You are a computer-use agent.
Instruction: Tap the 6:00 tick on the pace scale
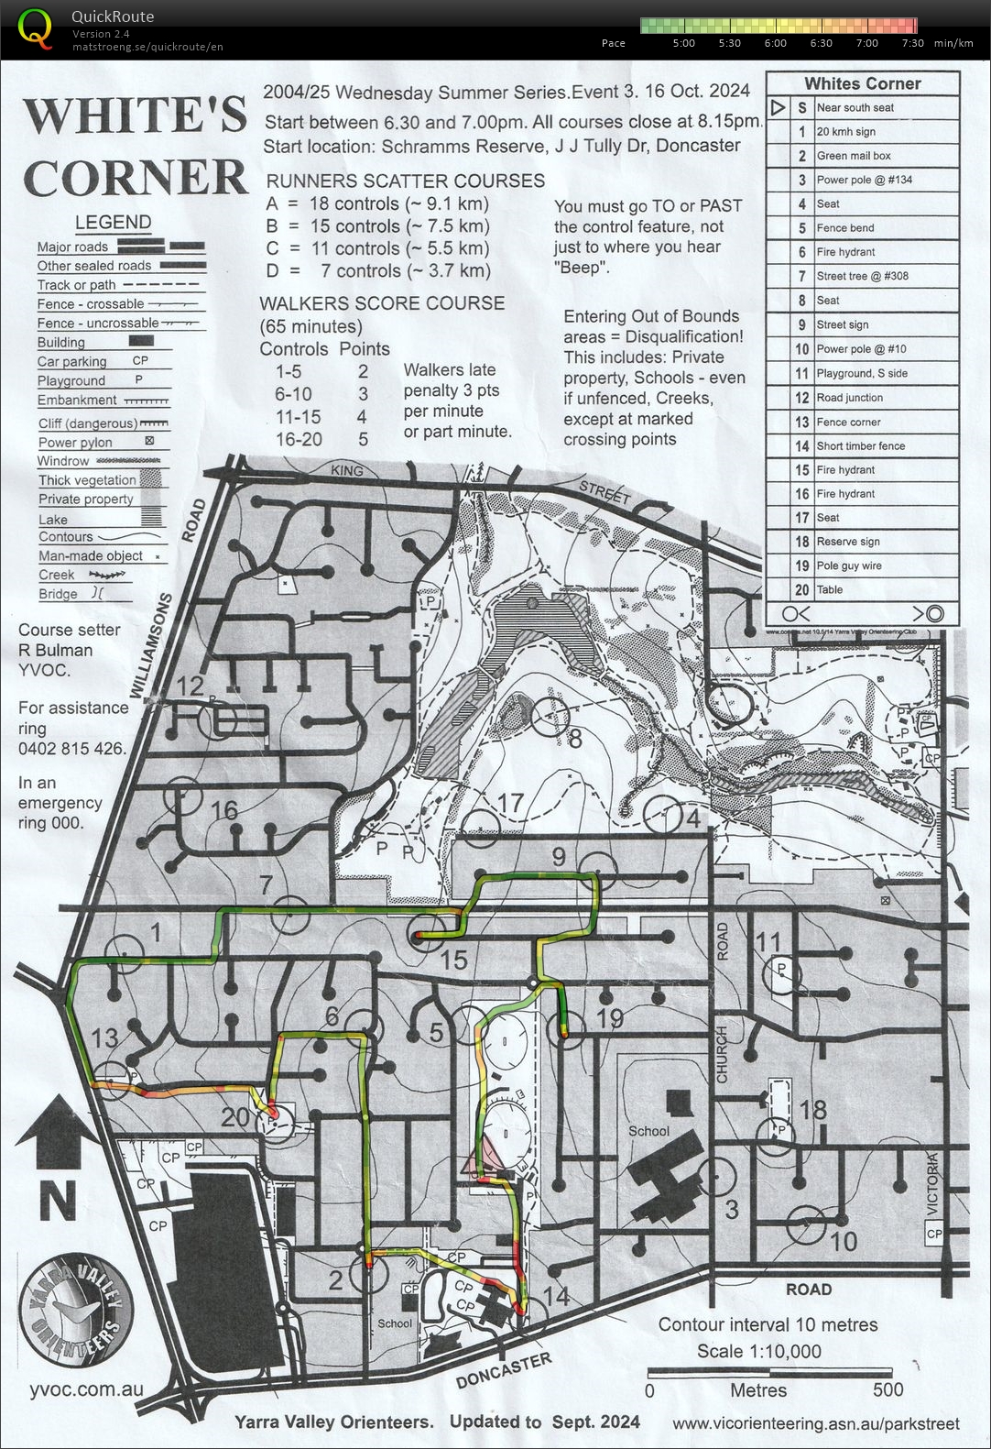[x=775, y=43]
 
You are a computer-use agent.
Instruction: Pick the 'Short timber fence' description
[x=860, y=445]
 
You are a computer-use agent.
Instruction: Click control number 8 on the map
[x=574, y=739]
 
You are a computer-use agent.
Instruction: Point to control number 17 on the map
[x=509, y=803]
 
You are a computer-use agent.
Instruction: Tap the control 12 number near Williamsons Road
[x=190, y=686]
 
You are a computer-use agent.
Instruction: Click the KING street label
[x=346, y=470]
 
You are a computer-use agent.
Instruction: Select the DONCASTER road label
[x=504, y=1369]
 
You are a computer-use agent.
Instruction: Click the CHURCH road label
[x=722, y=1054]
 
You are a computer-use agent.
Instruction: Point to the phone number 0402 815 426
[x=71, y=749]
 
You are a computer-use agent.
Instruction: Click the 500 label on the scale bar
[x=888, y=1389]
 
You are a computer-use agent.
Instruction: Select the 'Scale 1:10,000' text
[x=758, y=1351]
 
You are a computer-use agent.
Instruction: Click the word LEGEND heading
[x=113, y=222]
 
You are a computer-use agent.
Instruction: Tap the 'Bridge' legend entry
[x=58, y=594]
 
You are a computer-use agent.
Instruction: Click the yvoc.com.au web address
[x=86, y=1389]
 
